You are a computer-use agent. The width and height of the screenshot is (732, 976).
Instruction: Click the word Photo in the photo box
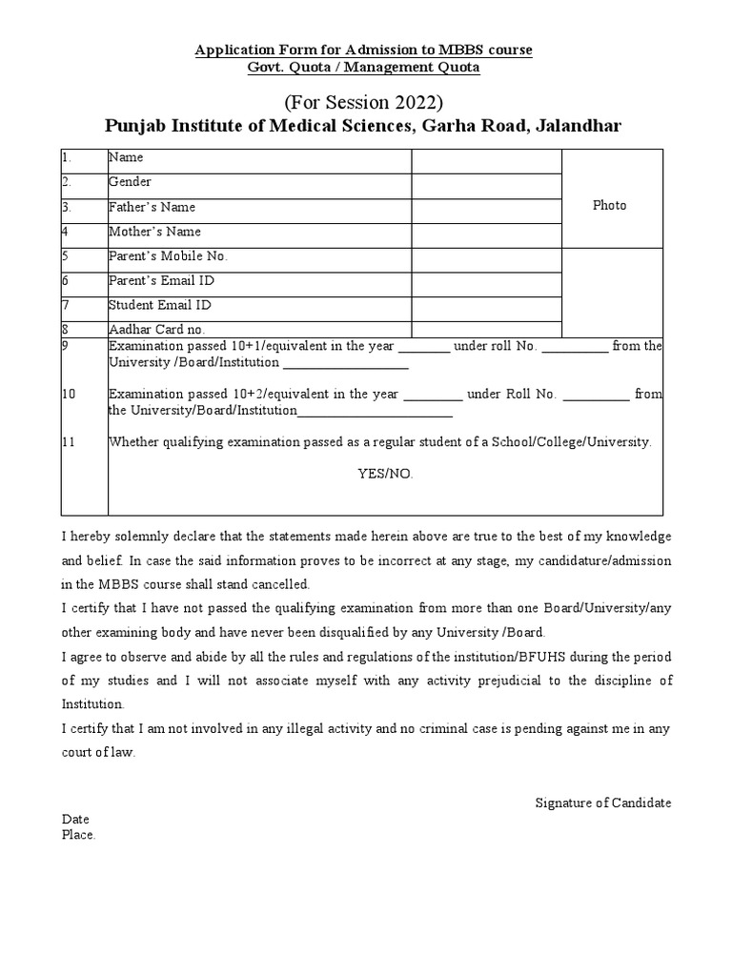click(609, 206)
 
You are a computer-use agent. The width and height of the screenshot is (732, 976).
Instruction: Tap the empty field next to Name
click(486, 161)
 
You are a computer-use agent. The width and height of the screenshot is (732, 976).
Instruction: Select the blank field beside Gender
click(486, 186)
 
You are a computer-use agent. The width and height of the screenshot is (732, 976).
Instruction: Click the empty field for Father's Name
click(486, 211)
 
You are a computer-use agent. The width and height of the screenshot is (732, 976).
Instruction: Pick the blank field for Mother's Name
click(486, 235)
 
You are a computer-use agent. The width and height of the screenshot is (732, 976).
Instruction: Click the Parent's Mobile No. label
click(168, 256)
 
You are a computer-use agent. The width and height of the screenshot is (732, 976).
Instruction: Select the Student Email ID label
click(160, 306)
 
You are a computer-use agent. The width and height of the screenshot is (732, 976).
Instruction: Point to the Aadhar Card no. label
click(156, 330)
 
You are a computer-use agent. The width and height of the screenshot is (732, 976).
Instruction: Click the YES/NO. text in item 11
click(385, 474)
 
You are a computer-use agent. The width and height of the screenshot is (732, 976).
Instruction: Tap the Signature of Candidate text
click(602, 803)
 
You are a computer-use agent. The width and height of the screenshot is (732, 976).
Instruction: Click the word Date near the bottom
click(75, 820)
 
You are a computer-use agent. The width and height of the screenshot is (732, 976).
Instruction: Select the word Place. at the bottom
click(79, 835)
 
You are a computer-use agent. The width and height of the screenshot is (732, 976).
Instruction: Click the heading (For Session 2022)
click(363, 103)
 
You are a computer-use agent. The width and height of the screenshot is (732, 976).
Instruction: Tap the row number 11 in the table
click(69, 442)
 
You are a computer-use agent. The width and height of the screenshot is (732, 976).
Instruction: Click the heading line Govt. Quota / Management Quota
click(363, 67)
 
